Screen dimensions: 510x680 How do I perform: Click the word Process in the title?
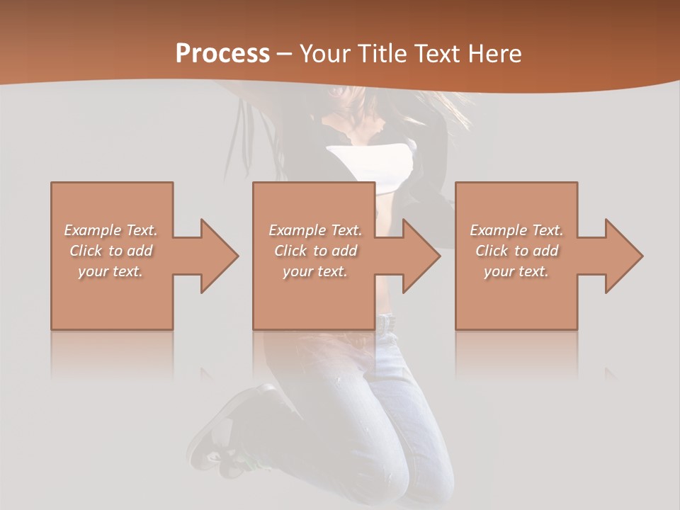(x=222, y=54)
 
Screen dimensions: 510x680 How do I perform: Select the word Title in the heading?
(x=380, y=54)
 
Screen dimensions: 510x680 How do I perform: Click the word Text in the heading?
(x=438, y=54)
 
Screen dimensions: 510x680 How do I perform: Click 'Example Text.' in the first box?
(x=110, y=230)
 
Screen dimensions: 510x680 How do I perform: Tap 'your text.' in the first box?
(x=110, y=271)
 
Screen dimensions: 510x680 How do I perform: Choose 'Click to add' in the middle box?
(x=315, y=251)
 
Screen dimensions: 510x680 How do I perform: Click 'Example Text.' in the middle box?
(x=315, y=230)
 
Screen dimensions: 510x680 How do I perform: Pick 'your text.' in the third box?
(x=516, y=271)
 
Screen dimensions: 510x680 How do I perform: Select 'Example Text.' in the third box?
(x=516, y=230)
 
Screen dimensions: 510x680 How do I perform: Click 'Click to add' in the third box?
(x=516, y=251)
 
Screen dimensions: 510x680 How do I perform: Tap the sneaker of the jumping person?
(x=220, y=432)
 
